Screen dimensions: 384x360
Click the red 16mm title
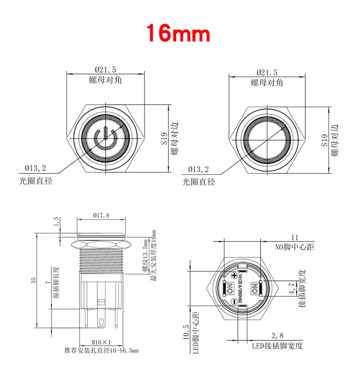coord(178,33)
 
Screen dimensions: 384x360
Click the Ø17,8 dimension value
coord(101,216)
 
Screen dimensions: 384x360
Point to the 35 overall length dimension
coord(34,281)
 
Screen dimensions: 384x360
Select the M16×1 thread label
coord(101,342)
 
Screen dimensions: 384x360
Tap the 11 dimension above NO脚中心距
coord(295,237)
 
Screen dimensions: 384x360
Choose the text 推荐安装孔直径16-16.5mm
coord(101,351)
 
